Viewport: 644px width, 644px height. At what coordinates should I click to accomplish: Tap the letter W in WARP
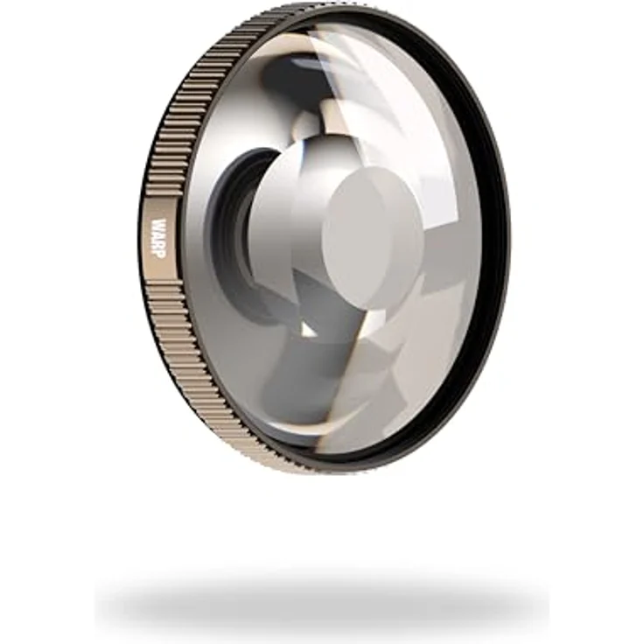(159, 226)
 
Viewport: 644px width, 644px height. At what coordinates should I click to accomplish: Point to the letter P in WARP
(158, 255)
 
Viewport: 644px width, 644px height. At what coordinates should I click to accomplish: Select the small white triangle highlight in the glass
(307, 329)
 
